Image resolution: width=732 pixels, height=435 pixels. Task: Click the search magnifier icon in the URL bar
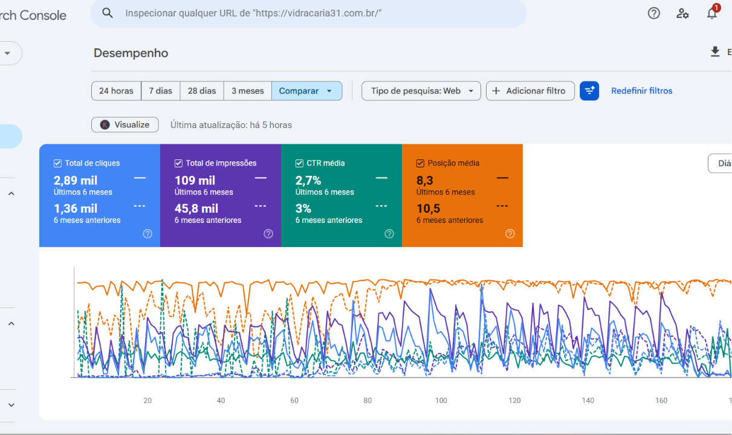[108, 13]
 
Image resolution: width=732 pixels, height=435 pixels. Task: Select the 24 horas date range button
[116, 91]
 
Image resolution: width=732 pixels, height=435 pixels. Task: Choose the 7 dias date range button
[160, 91]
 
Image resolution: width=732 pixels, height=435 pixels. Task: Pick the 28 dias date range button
[202, 91]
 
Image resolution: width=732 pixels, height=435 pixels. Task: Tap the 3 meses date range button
[247, 91]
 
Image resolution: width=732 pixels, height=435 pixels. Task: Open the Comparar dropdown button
[307, 91]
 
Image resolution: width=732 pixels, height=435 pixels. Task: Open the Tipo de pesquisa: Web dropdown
[421, 91]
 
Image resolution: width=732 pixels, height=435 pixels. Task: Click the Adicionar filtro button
[530, 91]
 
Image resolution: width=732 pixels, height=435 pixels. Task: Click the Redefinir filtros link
[641, 91]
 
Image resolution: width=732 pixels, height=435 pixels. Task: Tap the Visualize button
[125, 124]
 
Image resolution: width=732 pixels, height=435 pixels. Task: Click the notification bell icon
[711, 13]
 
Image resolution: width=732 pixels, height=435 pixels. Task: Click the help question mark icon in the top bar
[653, 13]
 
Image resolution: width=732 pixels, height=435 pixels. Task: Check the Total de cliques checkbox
[57, 163]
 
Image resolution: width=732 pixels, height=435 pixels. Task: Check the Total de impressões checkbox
[178, 163]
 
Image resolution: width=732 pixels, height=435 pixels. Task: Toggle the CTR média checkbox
[299, 163]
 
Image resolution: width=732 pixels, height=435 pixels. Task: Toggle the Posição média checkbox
[420, 163]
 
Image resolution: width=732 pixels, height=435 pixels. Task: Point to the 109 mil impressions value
[195, 180]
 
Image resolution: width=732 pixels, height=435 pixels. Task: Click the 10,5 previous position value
[428, 208]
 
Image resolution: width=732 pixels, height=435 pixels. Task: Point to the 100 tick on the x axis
[441, 401]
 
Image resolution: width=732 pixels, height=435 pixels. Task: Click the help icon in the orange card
[510, 234]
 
